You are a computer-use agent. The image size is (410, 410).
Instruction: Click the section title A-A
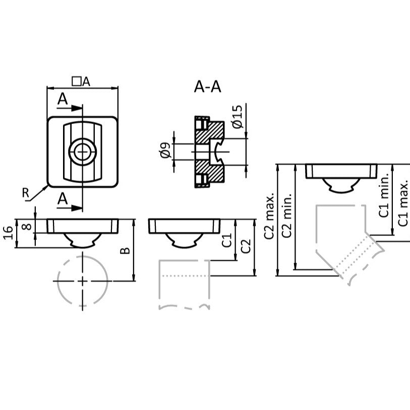tap(207, 87)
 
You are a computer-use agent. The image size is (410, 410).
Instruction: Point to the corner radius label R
tap(25, 192)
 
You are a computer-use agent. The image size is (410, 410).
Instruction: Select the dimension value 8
tap(28, 226)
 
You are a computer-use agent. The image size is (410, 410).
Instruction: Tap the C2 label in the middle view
tap(246, 247)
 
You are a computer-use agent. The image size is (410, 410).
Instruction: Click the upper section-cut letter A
tap(62, 99)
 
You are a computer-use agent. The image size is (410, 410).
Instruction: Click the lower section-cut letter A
tap(62, 199)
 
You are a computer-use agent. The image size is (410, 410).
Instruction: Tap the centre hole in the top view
tap(82, 151)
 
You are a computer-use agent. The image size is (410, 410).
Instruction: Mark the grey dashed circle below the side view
tap(83, 280)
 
